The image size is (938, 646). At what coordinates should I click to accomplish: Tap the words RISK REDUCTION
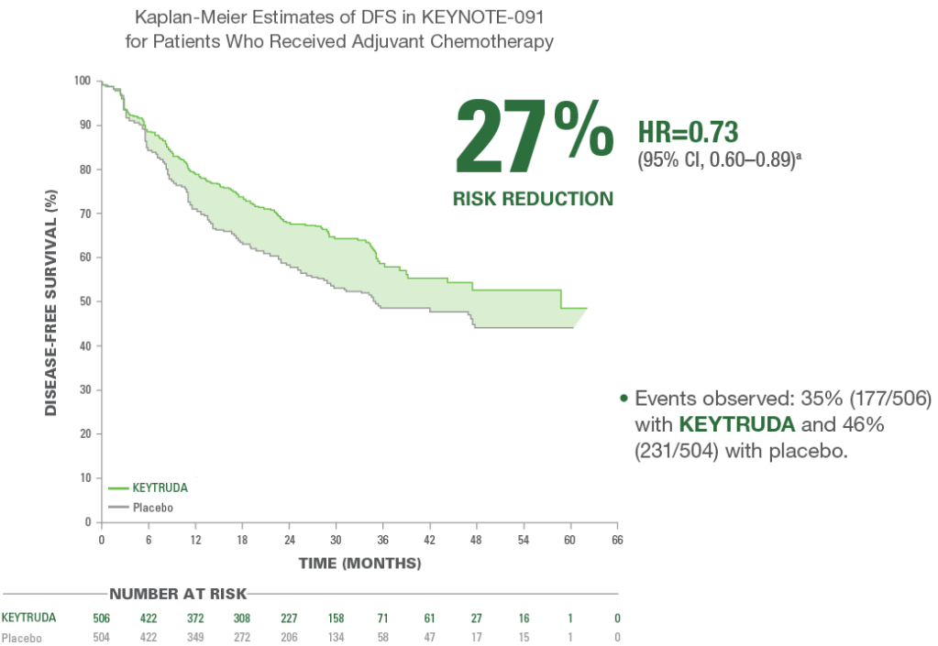tap(533, 198)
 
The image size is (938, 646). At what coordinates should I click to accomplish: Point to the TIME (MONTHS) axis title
tap(359, 562)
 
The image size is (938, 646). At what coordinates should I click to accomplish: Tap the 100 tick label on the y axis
tap(83, 81)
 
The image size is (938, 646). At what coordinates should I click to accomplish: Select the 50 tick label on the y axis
tap(84, 301)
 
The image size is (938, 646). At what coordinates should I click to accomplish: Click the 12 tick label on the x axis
tap(195, 539)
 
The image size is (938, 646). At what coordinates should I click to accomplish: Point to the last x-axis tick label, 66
tap(616, 539)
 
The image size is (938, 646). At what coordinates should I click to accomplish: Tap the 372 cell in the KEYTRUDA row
tap(195, 616)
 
